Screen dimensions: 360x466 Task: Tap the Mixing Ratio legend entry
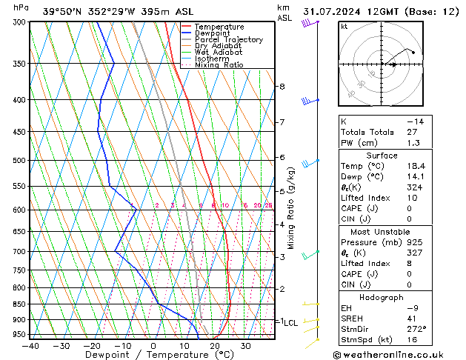[221, 65]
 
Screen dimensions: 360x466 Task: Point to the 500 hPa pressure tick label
[15, 160]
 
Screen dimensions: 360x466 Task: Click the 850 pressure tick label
[15, 304]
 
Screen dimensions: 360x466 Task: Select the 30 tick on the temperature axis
[245, 346]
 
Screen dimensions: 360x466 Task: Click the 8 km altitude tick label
[282, 87]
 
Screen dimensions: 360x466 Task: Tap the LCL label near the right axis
[290, 323]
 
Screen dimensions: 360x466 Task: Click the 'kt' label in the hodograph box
[344, 26]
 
